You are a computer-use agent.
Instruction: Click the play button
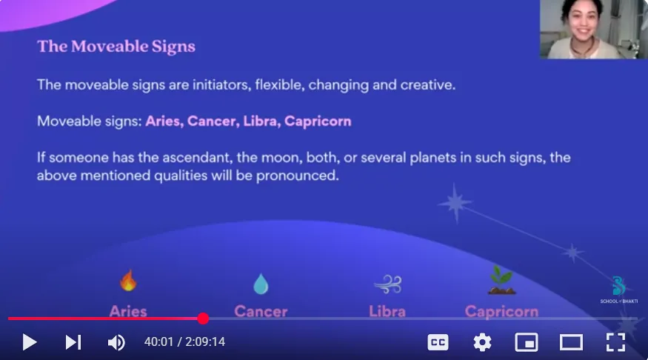point(30,342)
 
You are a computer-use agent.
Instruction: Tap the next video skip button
point(73,342)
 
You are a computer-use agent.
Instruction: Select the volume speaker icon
point(116,342)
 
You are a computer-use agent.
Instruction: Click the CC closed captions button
point(438,342)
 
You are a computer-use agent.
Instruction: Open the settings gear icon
point(482,342)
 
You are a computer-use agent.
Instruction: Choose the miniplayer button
point(527,342)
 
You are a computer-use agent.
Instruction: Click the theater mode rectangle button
point(571,342)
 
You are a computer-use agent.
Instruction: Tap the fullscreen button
point(615,342)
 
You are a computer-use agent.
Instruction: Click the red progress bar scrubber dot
point(203,319)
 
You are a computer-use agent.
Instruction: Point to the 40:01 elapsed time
point(158,341)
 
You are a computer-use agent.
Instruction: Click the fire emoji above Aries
point(128,281)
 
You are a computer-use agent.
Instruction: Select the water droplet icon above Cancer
point(261,284)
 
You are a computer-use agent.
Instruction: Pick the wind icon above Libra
point(387,284)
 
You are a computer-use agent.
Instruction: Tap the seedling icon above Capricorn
point(501,280)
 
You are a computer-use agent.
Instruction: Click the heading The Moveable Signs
point(116,46)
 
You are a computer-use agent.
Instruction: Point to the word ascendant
point(193,158)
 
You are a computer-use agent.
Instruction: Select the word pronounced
point(298,176)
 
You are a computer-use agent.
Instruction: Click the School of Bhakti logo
point(618,290)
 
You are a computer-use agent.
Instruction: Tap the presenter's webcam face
point(583,22)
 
